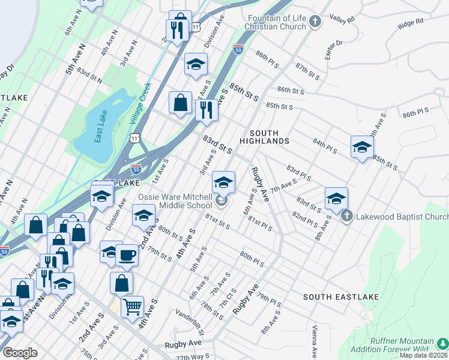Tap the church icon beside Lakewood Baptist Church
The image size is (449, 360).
pyautogui.click(x=346, y=217)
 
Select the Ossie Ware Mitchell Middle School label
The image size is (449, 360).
pyautogui.click(x=175, y=201)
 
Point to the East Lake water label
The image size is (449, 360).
pyautogui.click(x=98, y=125)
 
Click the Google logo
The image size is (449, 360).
pyautogui.click(x=20, y=353)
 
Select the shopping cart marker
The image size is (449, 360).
pyautogui.click(x=132, y=306)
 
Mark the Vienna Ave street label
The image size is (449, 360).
pyautogui.click(x=314, y=342)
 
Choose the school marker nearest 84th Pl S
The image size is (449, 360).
pyautogui.click(x=362, y=147)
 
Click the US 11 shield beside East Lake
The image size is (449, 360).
pyautogui.click(x=135, y=139)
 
